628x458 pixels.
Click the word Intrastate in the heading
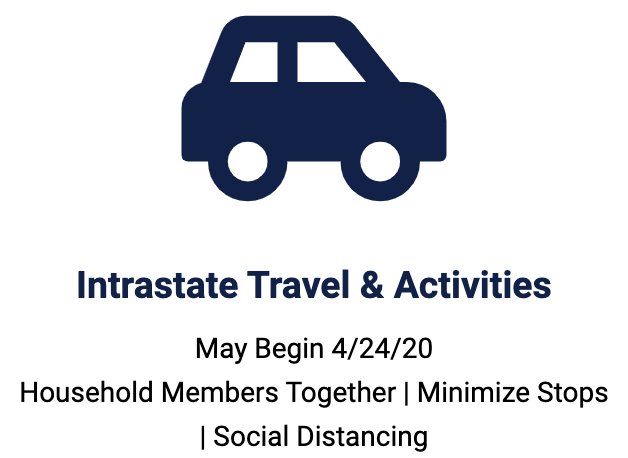coord(157,285)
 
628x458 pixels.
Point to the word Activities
coord(472,285)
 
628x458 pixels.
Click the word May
coord(221,349)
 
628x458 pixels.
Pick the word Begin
coord(289,349)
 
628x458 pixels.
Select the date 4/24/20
coord(382,348)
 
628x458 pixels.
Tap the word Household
coord(87,392)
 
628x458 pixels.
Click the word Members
coord(220,392)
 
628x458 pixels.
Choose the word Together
coord(340,393)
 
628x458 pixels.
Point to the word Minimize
coord(473,392)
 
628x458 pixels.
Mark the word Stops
coord(572,393)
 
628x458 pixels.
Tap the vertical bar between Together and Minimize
coord(407,393)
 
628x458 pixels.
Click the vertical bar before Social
coord(202,437)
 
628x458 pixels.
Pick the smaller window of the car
coord(254,62)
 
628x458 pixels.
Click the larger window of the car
coord(324,62)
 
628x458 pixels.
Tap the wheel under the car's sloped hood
coord(380,181)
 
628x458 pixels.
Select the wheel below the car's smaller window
coord(248,181)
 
